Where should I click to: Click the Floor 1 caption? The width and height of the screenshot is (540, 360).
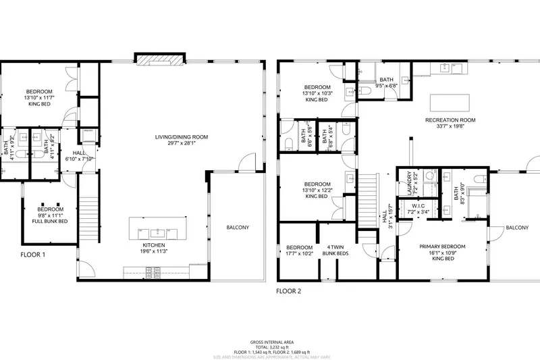pos(32,255)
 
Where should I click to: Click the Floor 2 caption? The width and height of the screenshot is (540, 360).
pos(289,291)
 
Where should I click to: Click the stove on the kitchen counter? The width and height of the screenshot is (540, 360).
pos(153,272)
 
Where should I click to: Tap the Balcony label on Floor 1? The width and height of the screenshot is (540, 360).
pos(237,228)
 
